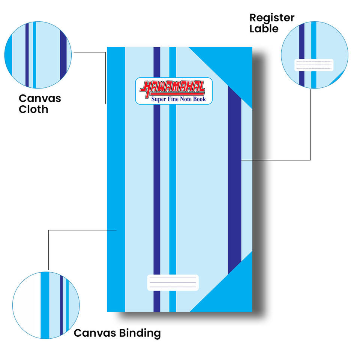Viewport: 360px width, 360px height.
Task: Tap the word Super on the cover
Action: tap(158, 99)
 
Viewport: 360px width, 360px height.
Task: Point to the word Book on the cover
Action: tap(199, 99)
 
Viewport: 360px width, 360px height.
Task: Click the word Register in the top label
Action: tap(272, 18)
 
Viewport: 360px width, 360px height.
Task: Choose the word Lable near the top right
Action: tap(264, 29)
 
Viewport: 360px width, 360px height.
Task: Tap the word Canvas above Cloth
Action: tap(40, 99)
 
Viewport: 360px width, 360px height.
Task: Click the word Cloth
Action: tap(33, 109)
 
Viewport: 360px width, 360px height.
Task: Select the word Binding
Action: tap(140, 333)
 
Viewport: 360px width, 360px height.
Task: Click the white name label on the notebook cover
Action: tap(172, 283)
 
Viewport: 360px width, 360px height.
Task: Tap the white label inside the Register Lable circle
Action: tap(314, 65)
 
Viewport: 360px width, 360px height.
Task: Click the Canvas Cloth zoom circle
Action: tap(38, 55)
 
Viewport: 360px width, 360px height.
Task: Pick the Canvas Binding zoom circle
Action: tap(46, 305)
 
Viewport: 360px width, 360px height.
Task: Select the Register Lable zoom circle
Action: tap(315, 55)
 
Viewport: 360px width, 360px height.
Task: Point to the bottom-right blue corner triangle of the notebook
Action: tap(232, 292)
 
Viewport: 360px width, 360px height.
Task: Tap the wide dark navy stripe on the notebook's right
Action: tap(234, 180)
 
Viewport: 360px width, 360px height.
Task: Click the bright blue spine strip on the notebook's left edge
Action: tap(116, 180)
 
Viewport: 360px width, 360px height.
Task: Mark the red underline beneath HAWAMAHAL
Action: tap(177, 94)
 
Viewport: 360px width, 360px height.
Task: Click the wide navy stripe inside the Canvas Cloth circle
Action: tap(63, 55)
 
